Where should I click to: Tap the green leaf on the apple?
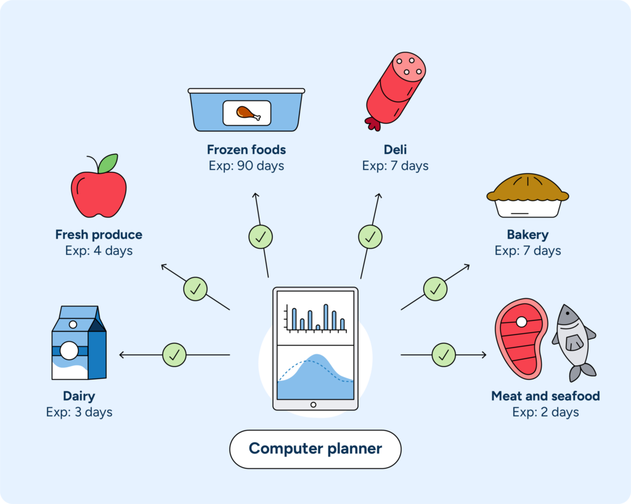(x=108, y=163)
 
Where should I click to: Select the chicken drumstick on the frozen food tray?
(x=246, y=113)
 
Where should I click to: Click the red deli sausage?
(x=394, y=89)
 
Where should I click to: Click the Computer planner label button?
(x=315, y=449)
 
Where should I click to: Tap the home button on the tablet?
(x=314, y=405)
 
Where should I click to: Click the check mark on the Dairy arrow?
(x=174, y=355)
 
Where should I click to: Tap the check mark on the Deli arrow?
(x=370, y=236)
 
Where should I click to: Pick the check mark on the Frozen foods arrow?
(x=261, y=236)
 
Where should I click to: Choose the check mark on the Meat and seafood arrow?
(x=444, y=355)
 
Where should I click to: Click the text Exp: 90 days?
(x=246, y=166)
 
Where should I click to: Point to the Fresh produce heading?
(x=99, y=235)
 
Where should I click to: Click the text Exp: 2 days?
(x=545, y=412)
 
